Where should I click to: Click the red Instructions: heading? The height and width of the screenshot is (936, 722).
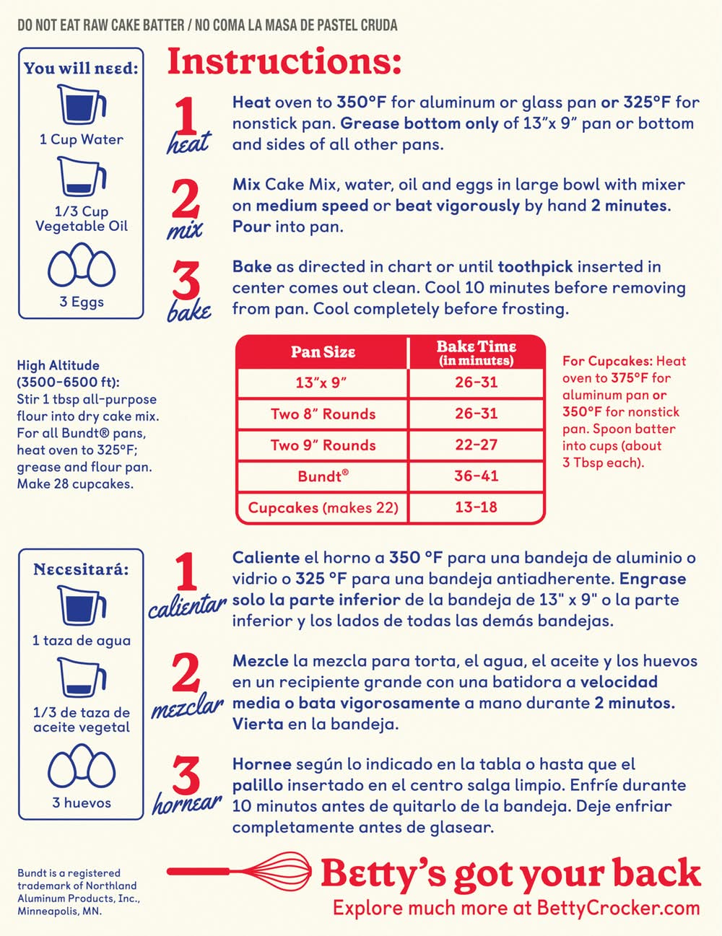coord(284,61)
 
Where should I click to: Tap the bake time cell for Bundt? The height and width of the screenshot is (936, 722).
coord(476,476)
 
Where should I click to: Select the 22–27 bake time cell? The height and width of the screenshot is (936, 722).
coord(476,445)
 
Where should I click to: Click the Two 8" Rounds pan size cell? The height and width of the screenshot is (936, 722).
coord(323,414)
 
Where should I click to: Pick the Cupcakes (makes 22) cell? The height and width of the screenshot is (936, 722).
coord(323,507)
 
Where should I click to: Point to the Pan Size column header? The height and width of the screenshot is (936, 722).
coord(323,352)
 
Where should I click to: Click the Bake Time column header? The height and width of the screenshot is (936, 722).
coord(476,353)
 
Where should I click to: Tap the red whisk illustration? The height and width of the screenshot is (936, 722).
coord(240,872)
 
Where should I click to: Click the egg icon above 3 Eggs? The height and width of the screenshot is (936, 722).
coord(82,266)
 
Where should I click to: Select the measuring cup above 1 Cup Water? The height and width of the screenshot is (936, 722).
coord(82,105)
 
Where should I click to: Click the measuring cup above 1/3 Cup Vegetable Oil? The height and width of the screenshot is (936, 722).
coord(82,177)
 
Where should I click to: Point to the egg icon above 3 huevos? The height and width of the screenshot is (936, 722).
coord(82,766)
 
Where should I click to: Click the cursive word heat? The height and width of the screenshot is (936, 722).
coord(188,143)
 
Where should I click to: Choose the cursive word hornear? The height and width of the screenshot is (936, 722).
coord(187,802)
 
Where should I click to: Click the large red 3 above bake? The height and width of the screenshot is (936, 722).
coord(186,281)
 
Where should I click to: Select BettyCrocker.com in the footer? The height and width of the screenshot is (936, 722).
coord(618,909)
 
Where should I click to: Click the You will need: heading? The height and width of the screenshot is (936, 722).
coord(81,68)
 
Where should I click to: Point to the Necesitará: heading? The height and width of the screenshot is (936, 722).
coord(81,569)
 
